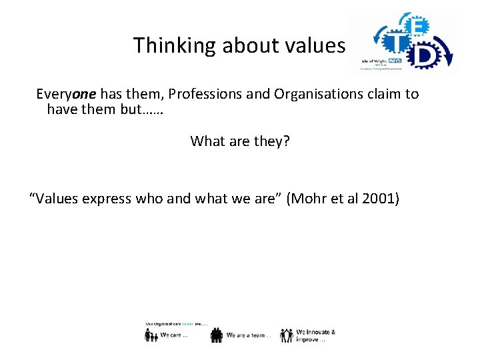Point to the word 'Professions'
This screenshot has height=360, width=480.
[x=176, y=94]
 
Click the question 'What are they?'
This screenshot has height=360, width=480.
[x=240, y=141]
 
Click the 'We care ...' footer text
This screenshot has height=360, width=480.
[x=175, y=336]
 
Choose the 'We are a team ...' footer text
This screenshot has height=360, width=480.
[x=248, y=336]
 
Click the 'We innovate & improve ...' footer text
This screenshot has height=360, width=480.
[x=315, y=335]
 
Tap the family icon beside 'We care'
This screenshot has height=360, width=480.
[x=152, y=335]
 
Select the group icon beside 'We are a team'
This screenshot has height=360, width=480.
[x=217, y=335]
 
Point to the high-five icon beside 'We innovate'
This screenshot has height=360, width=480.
[x=287, y=335]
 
